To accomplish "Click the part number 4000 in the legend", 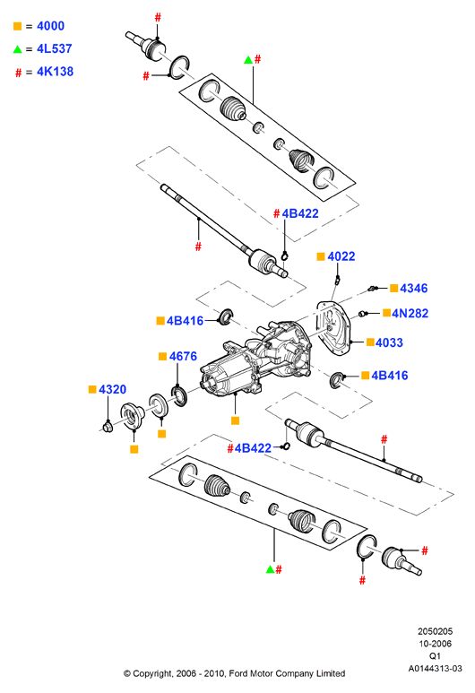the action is pyautogui.click(x=50, y=26).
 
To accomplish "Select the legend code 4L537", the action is pyautogui.click(x=55, y=48).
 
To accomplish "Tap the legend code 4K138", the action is pyautogui.click(x=55, y=72).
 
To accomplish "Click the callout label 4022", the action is pyautogui.click(x=341, y=256).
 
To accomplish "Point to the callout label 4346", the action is pyautogui.click(x=413, y=288).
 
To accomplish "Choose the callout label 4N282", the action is pyautogui.click(x=410, y=314).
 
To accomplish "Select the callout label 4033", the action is pyautogui.click(x=389, y=342).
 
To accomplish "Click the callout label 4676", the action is pyautogui.click(x=183, y=356).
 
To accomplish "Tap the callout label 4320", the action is pyautogui.click(x=112, y=389).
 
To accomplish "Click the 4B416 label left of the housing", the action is pyautogui.click(x=185, y=321).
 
